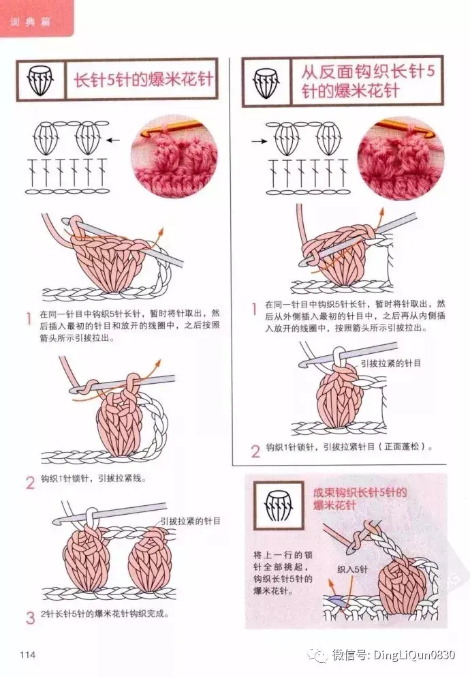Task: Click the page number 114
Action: [27, 655]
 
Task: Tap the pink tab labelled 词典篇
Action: [36, 18]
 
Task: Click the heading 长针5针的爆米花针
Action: [144, 80]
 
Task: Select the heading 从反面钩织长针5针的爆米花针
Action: [368, 81]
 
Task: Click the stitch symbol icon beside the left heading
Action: [40, 80]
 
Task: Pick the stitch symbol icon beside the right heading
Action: [266, 82]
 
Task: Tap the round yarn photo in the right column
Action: [401, 158]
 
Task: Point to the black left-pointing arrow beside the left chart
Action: [113, 140]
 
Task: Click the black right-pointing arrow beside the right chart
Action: [259, 140]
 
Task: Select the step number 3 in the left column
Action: [30, 618]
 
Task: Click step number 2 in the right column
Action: [255, 451]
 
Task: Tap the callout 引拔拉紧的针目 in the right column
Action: [391, 363]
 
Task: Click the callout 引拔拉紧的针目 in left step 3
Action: [190, 521]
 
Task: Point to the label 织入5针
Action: [353, 569]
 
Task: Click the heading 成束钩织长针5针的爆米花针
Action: [360, 498]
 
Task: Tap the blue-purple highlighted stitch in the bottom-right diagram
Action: [336, 599]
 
